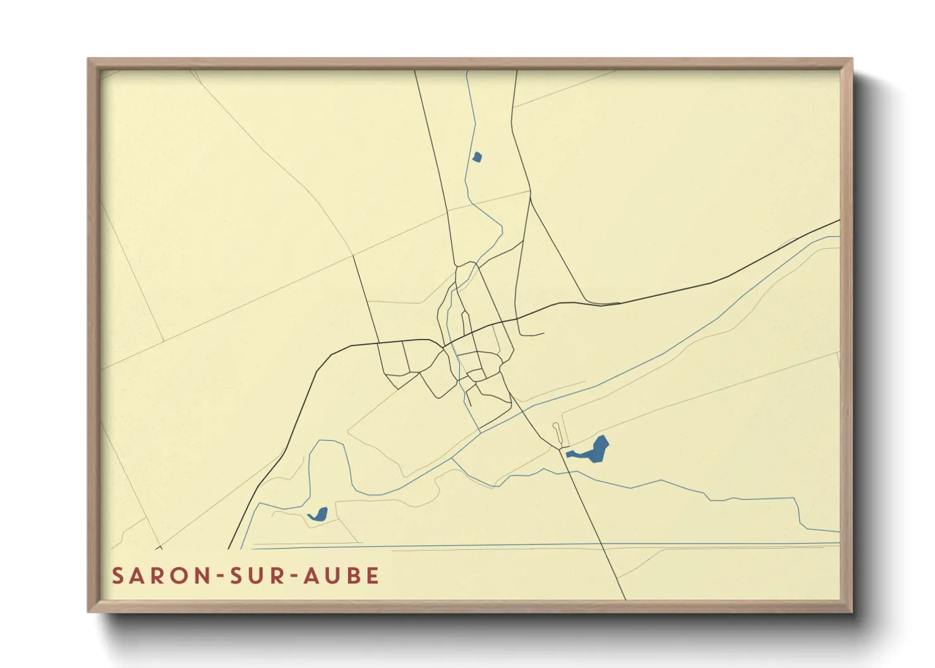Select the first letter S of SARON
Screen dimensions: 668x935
118,576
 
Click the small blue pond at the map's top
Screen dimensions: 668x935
477,157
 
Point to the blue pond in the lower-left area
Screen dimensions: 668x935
318,514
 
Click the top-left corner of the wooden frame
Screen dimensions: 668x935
89,60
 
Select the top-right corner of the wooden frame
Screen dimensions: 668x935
851,60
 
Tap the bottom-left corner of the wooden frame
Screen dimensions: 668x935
89,611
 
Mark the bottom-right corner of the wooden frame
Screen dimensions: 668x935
851,611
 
